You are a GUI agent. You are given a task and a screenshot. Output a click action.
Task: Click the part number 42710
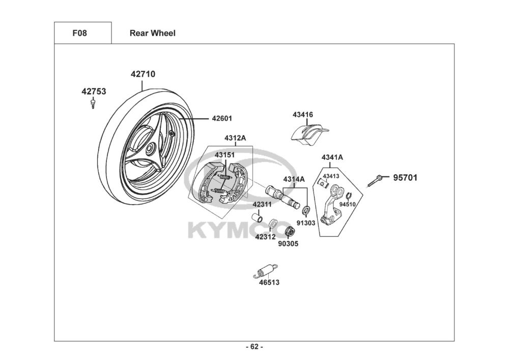tap(143, 74)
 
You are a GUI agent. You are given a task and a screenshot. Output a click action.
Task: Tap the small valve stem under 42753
tap(93, 103)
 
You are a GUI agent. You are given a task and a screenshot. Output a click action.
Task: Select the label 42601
tap(222, 119)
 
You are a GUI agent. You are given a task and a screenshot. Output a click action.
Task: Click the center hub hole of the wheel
tap(150, 149)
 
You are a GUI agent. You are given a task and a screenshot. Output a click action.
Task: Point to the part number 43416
tap(302, 115)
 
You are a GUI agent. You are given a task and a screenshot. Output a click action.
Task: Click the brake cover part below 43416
tap(309, 133)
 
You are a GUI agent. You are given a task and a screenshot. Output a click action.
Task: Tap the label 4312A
tap(235, 139)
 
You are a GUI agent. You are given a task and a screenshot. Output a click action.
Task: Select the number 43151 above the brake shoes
tap(224, 155)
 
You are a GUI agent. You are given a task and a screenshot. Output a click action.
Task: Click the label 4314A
tap(294, 179)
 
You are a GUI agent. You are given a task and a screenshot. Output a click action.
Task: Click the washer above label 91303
tap(305, 210)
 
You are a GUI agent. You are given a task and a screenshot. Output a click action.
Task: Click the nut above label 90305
tap(290, 232)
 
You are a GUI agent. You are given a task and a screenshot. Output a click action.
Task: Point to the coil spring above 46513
tap(266, 271)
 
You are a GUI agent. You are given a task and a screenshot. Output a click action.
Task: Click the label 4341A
tap(332, 157)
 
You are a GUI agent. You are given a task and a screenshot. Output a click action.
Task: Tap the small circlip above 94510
tap(348, 196)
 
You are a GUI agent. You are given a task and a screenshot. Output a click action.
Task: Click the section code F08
tap(79, 33)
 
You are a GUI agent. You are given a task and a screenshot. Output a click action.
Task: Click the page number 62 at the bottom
tap(254, 347)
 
